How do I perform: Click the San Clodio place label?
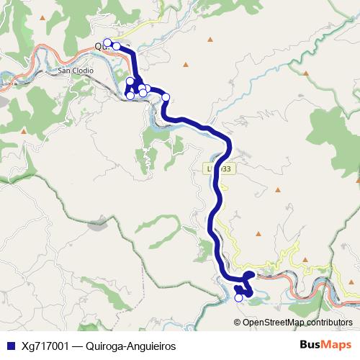[76, 71]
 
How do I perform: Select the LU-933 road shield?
[218, 168]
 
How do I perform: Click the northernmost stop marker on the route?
[107, 42]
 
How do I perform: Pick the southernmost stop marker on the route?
[239, 297]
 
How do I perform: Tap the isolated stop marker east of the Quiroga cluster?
[166, 96]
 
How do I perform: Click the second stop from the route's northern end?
[117, 46]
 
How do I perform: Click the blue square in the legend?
[10, 346]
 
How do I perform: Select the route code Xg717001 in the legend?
[46, 346]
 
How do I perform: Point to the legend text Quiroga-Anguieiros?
[130, 346]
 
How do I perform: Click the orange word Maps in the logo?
[337, 345]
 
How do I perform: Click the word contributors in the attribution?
[330, 322]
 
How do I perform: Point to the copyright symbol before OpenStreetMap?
[238, 322]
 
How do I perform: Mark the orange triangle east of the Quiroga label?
[186, 66]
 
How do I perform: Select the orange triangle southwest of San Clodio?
[23, 132]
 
